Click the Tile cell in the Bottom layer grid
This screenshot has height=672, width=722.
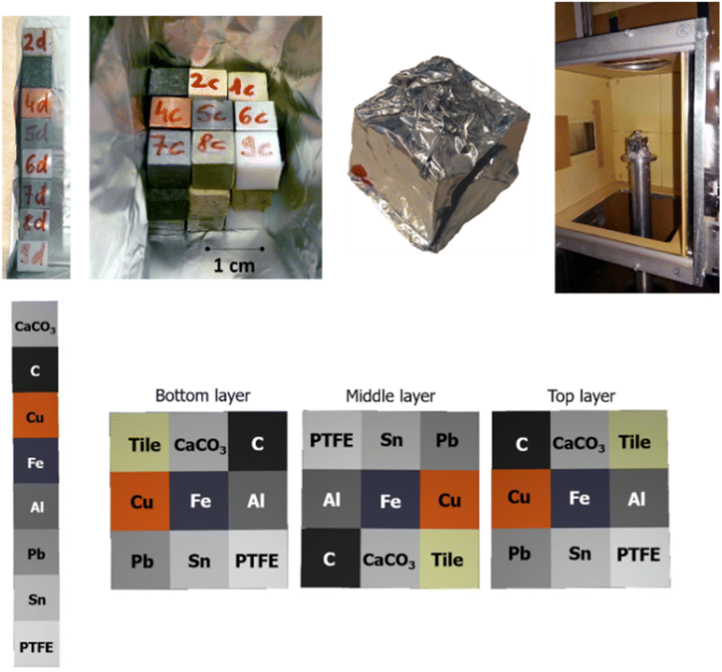pos(140,443)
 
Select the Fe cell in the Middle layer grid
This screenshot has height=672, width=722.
pos(390,500)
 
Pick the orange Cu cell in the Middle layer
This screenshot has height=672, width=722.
pos(449,500)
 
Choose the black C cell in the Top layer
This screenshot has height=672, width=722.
pos(521,443)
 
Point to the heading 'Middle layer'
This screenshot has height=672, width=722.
pos(390,396)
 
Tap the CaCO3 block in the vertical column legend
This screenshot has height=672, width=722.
pos(35,324)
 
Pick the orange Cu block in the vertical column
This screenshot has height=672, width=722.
pos(35,416)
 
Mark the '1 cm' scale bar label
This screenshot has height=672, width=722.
pos(233,265)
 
